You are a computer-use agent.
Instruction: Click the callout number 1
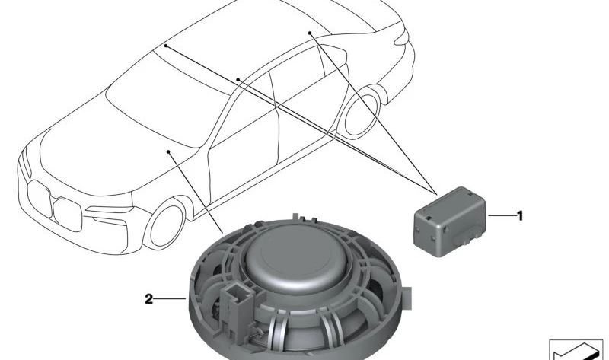click(x=520, y=215)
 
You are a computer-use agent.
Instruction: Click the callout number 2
click(x=148, y=299)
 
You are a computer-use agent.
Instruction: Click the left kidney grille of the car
click(x=40, y=198)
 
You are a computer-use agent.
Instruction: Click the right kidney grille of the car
click(x=68, y=215)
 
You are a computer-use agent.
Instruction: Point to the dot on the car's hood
click(x=168, y=151)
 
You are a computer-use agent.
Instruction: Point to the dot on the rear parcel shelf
click(x=310, y=33)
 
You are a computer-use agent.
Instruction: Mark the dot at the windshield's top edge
click(x=165, y=46)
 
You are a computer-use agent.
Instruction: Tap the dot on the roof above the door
click(x=238, y=79)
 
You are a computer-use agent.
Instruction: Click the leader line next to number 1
click(x=501, y=215)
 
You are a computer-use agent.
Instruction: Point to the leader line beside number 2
click(x=171, y=298)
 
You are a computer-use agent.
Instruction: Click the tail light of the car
click(x=401, y=37)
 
